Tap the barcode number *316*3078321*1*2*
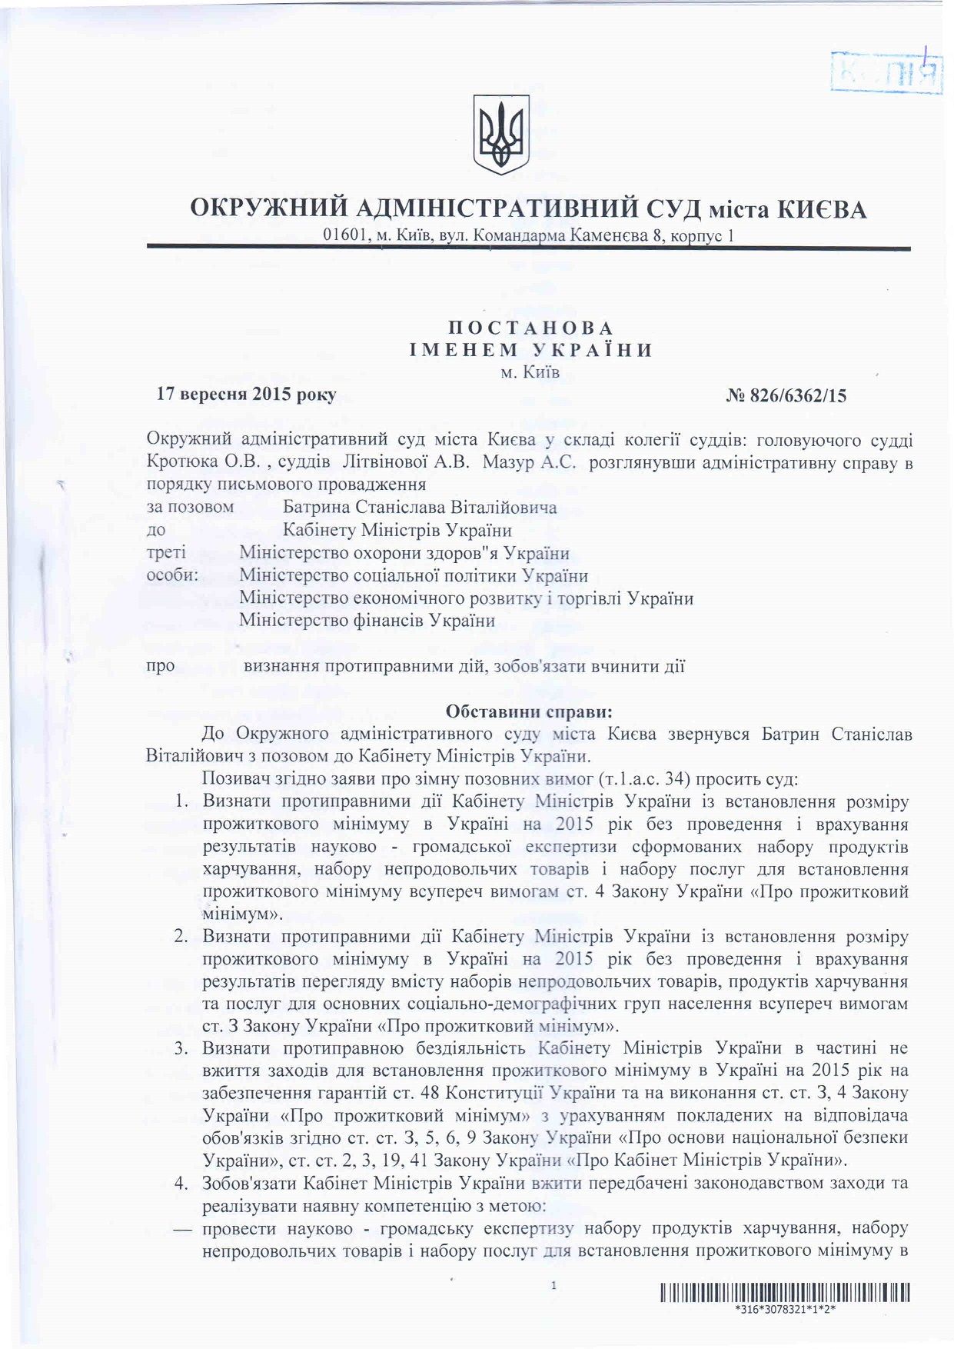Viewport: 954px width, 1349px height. tap(784, 1310)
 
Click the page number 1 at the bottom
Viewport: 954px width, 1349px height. tap(553, 1285)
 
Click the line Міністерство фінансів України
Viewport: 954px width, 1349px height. tap(367, 620)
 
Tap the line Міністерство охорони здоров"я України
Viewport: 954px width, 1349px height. tap(404, 553)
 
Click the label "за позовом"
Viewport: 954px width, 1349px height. tap(190, 508)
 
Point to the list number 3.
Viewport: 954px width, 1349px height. tap(183, 1048)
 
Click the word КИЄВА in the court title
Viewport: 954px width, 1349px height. tap(820, 208)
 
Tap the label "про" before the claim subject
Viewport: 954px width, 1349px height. tap(160, 665)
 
